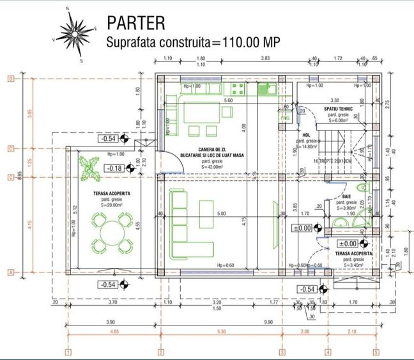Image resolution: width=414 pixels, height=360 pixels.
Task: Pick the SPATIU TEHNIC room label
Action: [346, 108]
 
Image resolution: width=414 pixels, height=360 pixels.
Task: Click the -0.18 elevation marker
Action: [115, 168]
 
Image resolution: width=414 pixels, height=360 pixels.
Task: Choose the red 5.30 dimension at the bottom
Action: [220, 331]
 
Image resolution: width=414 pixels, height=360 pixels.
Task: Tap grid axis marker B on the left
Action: [10, 79]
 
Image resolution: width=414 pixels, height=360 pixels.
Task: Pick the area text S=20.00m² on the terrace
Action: [106, 206]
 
